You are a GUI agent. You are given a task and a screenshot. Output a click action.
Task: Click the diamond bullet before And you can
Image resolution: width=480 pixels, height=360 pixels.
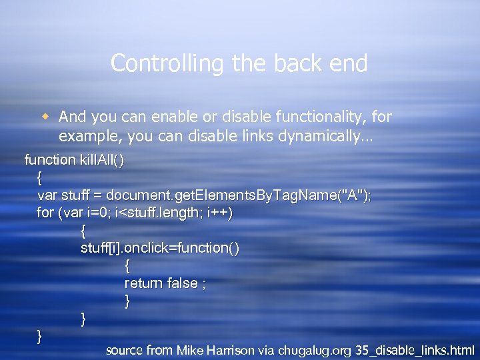45,117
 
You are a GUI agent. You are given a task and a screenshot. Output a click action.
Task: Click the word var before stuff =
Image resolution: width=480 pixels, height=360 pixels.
47,195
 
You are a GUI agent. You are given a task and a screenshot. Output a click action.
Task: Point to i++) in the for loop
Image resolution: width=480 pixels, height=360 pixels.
220,213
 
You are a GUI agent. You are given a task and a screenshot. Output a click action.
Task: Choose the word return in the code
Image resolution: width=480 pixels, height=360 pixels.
143,283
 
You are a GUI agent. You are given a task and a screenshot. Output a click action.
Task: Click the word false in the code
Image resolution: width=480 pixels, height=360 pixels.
182,283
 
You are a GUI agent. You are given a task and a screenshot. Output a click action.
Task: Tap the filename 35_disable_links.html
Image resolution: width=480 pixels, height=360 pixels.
415,350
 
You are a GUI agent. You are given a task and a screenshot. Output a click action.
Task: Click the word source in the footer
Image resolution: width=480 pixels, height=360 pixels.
125,350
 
